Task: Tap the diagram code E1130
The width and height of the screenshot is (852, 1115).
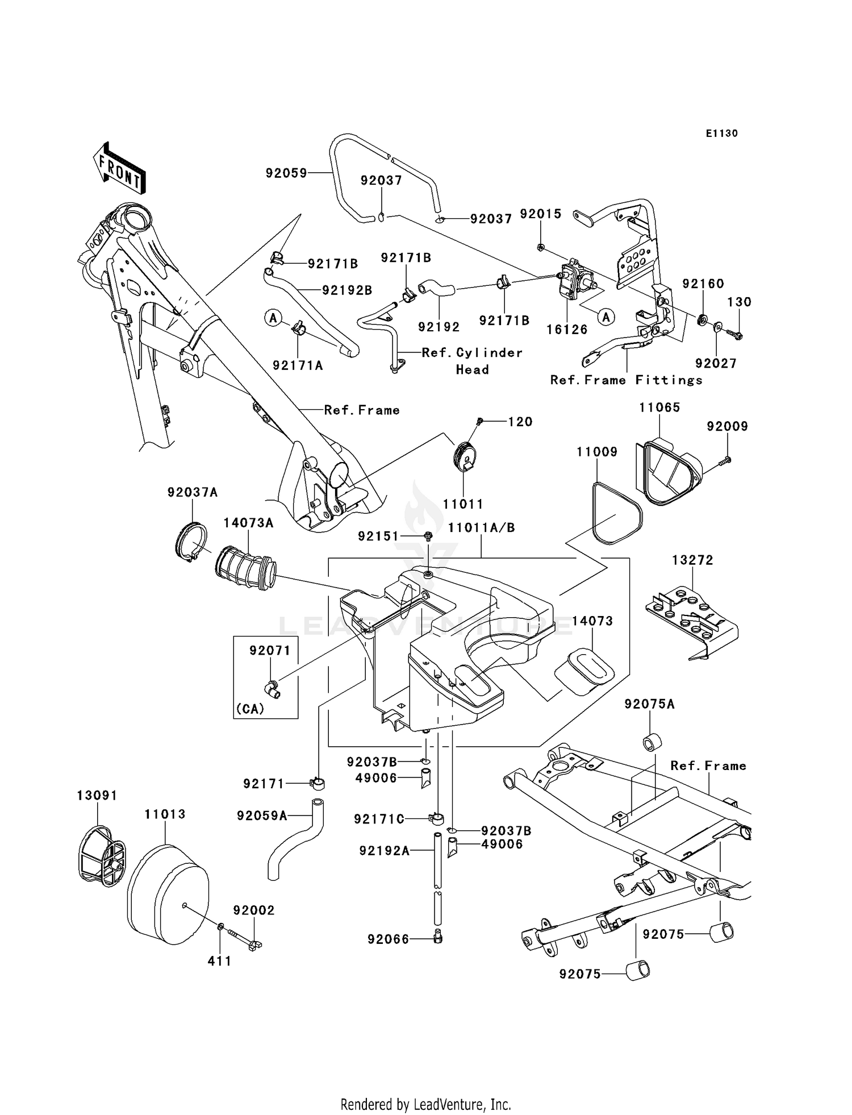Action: (x=721, y=134)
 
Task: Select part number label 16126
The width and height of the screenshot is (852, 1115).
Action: (x=567, y=330)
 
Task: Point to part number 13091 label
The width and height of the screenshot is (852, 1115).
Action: (x=97, y=796)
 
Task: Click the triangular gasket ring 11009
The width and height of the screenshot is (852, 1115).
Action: (x=617, y=513)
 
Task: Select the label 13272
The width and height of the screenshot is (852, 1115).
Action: (x=692, y=560)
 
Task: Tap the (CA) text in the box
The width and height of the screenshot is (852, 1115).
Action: (x=250, y=710)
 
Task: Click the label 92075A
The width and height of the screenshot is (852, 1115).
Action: (x=649, y=705)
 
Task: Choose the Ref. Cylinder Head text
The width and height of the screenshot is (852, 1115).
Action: (x=472, y=361)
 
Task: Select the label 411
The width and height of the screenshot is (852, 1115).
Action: (x=219, y=961)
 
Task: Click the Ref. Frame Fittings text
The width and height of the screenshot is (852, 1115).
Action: (x=626, y=380)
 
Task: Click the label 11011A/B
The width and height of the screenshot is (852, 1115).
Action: (x=481, y=528)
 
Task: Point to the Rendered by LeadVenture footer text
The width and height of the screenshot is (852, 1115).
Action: (x=425, y=1104)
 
